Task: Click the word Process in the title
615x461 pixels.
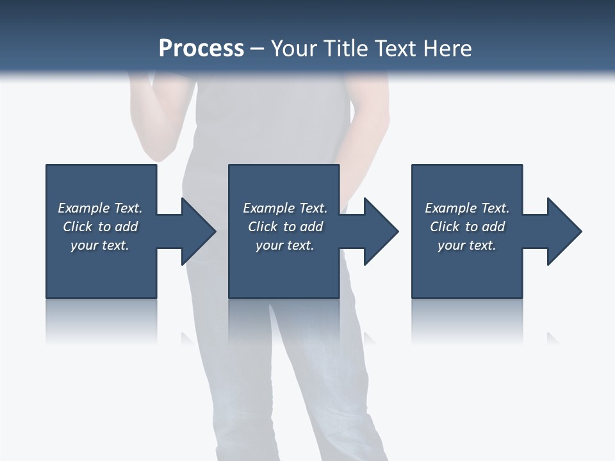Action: coord(201,49)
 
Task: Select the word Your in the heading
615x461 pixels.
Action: coord(292,49)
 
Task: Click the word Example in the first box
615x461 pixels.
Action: coord(84,208)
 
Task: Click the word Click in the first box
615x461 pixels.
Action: coord(78,227)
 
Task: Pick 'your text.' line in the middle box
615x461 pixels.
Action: coord(284,245)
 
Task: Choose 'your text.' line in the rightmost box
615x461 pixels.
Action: coord(466,245)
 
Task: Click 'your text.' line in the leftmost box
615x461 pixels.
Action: coord(99,245)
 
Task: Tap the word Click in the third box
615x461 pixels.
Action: coord(445,227)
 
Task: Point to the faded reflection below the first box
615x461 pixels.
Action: coord(101,320)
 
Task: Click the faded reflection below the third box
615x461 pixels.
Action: coord(466,320)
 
